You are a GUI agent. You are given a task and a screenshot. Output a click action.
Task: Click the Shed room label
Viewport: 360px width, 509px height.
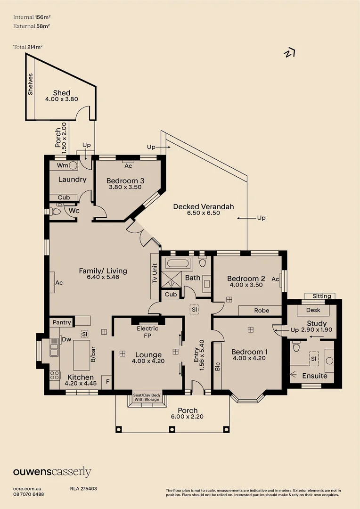[x=61, y=92]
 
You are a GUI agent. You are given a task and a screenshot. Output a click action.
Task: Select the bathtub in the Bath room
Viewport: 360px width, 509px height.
[x=177, y=263]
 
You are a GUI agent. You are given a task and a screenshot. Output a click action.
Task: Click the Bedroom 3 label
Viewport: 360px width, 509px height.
[x=125, y=181]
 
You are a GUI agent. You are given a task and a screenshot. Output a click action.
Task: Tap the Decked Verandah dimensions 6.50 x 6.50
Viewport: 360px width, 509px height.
[x=203, y=213]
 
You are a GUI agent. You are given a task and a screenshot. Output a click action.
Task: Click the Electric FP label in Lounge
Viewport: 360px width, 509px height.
[x=147, y=332]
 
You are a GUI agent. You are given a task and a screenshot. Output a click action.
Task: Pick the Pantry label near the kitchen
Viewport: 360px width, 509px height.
[x=62, y=322]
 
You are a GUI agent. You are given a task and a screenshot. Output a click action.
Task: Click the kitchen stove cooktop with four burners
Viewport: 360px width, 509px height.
[x=55, y=375]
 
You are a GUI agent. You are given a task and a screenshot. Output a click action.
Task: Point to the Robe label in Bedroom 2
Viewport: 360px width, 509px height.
[x=262, y=311]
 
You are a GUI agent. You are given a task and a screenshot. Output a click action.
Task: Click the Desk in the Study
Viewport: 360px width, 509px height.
[x=313, y=311]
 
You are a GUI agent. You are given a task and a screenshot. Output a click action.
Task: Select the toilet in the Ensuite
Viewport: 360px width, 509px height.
[x=296, y=348]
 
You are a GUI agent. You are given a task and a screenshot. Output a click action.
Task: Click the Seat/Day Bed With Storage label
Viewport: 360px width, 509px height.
[x=147, y=397]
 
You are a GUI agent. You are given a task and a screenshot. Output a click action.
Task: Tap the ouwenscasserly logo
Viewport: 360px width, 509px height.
[x=52, y=472]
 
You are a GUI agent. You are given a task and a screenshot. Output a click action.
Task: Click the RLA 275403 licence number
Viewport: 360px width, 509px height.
[x=83, y=489]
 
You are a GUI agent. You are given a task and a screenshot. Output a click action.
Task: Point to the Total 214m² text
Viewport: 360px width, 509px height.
[x=32, y=47]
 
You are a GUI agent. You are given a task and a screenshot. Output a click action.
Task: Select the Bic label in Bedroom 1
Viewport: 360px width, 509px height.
[x=217, y=366]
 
